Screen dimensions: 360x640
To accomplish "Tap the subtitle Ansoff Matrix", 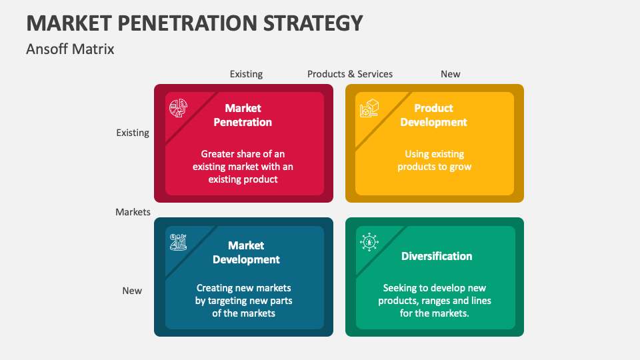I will pyautogui.click(x=70, y=49).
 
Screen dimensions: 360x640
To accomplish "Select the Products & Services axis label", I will pyautogui.click(x=350, y=74).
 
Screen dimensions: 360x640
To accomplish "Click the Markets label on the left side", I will pyautogui.click(x=133, y=212).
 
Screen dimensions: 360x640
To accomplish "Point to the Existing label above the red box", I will pyautogui.click(x=246, y=74).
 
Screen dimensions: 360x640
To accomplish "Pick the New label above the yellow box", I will pyautogui.click(x=451, y=74).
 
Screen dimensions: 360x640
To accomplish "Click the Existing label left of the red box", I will pyautogui.click(x=133, y=133).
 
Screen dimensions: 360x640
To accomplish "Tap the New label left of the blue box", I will pyautogui.click(x=132, y=291).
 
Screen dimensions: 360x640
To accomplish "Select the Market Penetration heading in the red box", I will pyautogui.click(x=243, y=115).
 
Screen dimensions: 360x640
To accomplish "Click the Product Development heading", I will pyautogui.click(x=433, y=115).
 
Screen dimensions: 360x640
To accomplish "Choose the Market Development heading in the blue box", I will pyautogui.click(x=246, y=253).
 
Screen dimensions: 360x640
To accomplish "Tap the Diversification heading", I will pyautogui.click(x=437, y=256).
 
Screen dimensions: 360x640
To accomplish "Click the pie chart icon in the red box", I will pyautogui.click(x=179, y=108).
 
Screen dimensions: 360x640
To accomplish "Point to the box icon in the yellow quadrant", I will pyautogui.click(x=369, y=108).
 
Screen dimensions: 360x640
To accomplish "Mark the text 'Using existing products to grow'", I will pyautogui.click(x=434, y=161).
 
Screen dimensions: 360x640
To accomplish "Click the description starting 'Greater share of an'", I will pyautogui.click(x=243, y=167).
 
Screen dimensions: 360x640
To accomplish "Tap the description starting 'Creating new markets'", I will pyautogui.click(x=243, y=301).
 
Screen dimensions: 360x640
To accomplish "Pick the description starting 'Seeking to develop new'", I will pyautogui.click(x=435, y=301).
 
